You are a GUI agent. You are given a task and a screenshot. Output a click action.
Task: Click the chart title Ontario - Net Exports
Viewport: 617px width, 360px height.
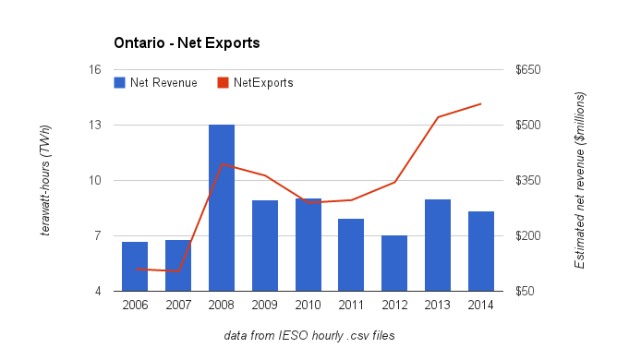pos(187,42)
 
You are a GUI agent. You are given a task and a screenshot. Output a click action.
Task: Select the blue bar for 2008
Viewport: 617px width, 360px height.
pos(222,208)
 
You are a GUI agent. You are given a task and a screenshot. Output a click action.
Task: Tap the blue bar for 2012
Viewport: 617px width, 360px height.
pos(394,263)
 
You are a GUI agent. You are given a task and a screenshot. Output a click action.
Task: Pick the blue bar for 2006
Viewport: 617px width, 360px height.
pos(135,267)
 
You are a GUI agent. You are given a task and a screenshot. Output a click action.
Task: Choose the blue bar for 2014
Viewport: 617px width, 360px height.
pos(481,251)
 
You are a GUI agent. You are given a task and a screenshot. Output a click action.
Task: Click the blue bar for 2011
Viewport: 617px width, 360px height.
pos(351,255)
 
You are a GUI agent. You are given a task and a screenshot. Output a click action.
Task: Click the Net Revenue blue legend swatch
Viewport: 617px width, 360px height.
pos(120,83)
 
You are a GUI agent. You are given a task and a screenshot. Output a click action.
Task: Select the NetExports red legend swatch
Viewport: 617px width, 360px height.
pos(224,83)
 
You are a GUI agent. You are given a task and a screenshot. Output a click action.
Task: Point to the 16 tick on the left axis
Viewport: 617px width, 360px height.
pos(95,69)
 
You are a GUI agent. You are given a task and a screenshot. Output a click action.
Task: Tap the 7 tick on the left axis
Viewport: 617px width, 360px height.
pos(98,235)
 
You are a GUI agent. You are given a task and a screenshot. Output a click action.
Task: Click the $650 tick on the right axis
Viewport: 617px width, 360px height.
pos(528,69)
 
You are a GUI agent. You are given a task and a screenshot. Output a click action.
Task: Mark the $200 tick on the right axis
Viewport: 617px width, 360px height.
pos(528,235)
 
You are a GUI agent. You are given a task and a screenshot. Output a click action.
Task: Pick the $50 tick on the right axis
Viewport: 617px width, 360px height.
pos(525,291)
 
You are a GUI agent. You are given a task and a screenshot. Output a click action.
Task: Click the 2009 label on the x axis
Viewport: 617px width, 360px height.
pos(265,305)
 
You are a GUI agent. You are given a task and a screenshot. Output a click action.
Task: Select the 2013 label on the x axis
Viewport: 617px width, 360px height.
pos(438,305)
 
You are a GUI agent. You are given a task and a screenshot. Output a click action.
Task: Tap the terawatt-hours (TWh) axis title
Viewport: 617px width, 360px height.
pos(45,180)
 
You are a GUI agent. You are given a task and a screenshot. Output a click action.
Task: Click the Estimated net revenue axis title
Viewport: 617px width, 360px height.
pos(580,180)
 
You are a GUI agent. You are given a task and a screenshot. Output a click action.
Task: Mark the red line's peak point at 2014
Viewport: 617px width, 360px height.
pos(481,104)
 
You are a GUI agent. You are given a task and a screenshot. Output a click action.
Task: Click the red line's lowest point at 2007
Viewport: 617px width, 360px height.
pos(178,271)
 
